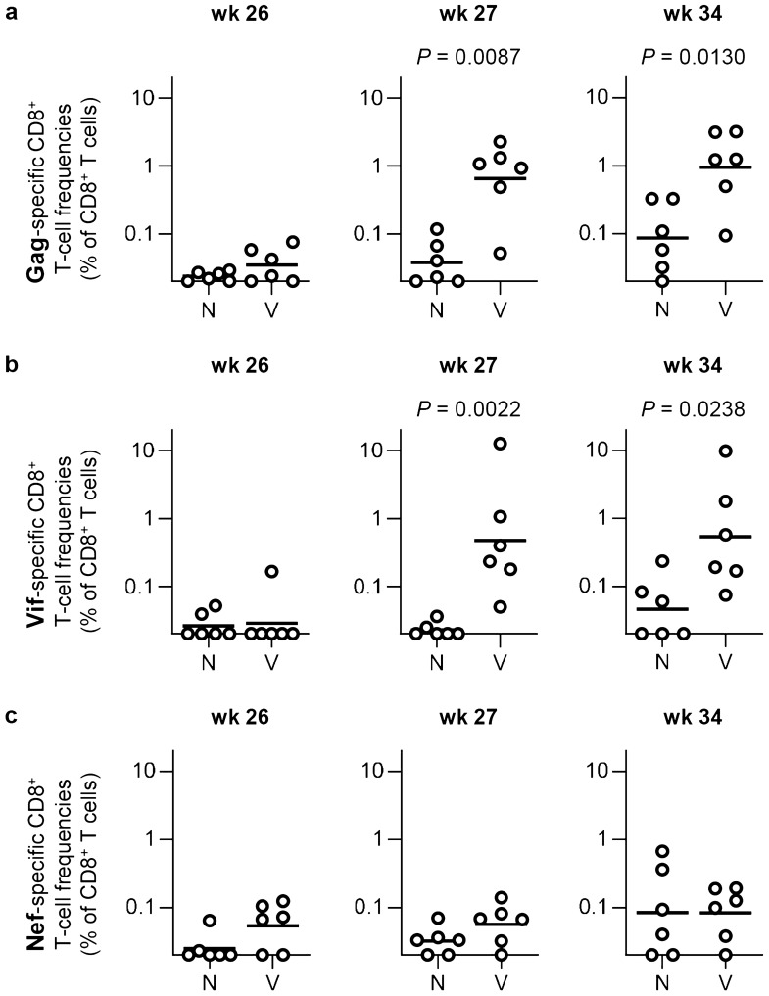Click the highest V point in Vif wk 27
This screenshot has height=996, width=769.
coord(500,444)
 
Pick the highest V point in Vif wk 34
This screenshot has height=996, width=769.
coord(725,451)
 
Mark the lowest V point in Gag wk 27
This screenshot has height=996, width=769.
coord(500,253)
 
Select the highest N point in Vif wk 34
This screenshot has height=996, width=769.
coord(663,561)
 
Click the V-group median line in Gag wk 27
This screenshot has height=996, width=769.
coord(500,178)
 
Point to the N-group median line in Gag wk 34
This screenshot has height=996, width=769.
coord(663,238)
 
